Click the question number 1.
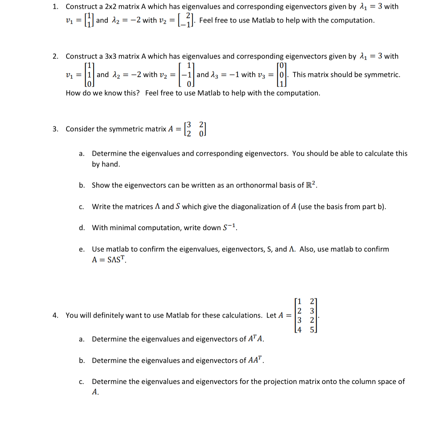point(55,6)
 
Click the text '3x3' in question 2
point(110,56)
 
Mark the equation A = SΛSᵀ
point(109,260)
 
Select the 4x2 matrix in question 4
point(306,315)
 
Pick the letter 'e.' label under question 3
point(81,250)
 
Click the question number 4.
point(55,316)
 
